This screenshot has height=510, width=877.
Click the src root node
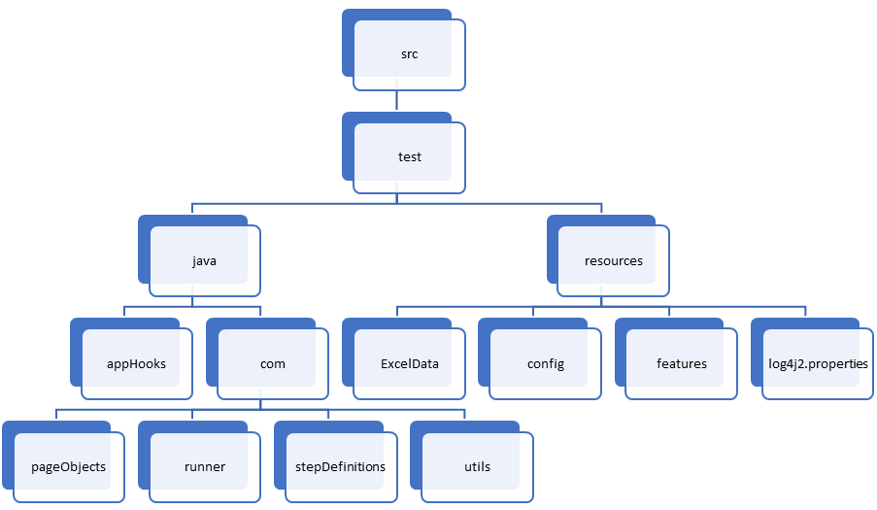(x=409, y=54)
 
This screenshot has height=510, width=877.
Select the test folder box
(x=409, y=157)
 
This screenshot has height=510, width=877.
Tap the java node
(x=205, y=260)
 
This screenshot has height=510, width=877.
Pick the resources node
(x=613, y=260)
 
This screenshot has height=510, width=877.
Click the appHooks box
(x=137, y=364)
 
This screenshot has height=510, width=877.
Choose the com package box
(x=273, y=364)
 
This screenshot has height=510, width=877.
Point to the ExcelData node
(x=409, y=364)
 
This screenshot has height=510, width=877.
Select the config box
(x=545, y=364)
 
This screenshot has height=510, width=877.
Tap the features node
(x=681, y=364)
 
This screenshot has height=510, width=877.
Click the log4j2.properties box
(x=817, y=364)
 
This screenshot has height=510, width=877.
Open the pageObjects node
(x=69, y=467)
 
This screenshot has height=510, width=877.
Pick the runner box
(x=205, y=467)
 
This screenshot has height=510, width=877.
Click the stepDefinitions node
(x=341, y=467)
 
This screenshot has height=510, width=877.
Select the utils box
(x=477, y=467)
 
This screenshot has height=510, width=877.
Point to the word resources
(x=613, y=260)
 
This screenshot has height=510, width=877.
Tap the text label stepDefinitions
(x=340, y=467)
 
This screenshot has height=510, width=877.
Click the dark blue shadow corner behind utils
(x=415, y=427)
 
